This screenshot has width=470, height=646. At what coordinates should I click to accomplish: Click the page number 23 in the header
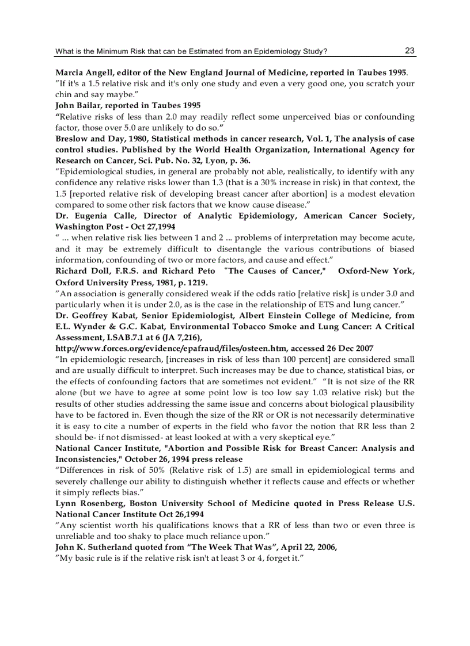[x=410, y=51]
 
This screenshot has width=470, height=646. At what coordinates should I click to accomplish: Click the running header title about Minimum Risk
[x=191, y=52]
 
